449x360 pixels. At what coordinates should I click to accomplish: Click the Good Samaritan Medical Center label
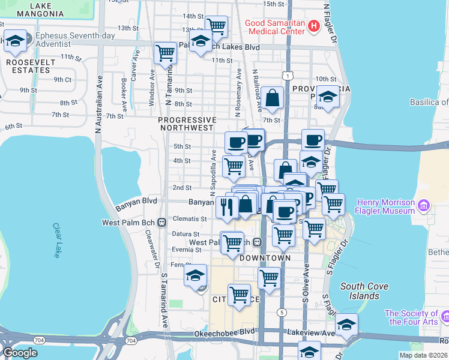[275, 27]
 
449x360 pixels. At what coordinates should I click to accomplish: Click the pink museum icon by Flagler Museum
[425, 206]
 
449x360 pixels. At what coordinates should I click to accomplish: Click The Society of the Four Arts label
[411, 317]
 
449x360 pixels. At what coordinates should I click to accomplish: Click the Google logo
[20, 353]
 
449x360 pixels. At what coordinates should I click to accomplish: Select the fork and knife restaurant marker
[227, 207]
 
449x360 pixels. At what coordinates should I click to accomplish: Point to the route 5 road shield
[282, 313]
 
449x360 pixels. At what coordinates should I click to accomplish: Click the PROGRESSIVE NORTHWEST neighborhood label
[186, 124]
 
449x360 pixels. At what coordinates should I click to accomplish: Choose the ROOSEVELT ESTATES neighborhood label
[28, 66]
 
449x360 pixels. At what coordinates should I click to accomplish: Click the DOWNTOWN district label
[265, 258]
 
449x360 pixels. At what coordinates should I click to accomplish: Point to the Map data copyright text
[423, 355]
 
